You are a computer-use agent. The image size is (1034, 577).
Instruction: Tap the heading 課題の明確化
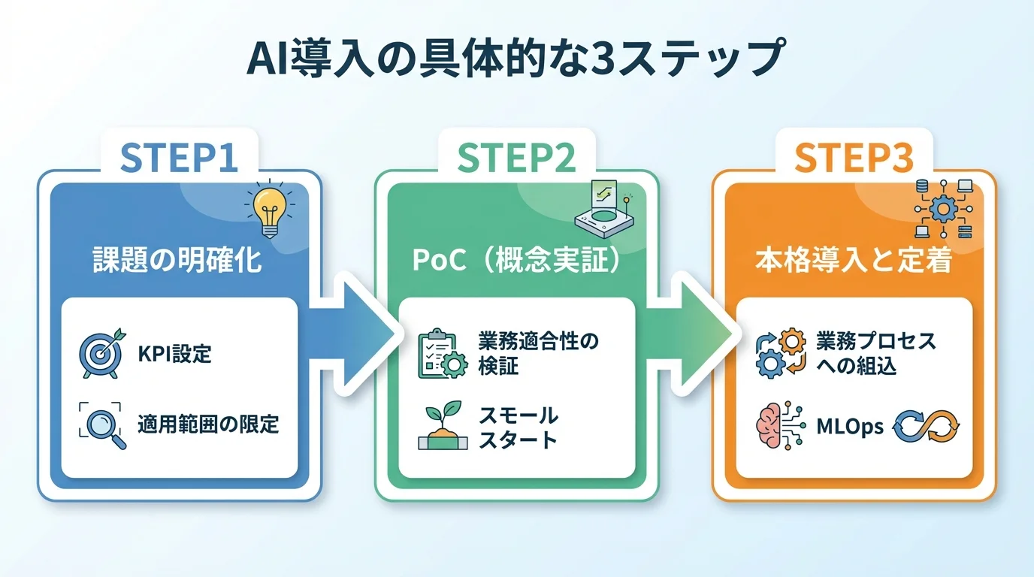(177, 261)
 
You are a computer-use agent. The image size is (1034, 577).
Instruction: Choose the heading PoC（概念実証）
(517, 261)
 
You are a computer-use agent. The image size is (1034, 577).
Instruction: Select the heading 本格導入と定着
(854, 261)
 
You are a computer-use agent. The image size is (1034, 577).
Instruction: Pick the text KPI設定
(174, 353)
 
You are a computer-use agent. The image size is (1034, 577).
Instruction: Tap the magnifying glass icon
(102, 424)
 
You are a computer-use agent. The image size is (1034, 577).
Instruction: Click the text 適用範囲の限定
(207, 424)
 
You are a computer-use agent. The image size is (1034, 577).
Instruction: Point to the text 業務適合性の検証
(538, 353)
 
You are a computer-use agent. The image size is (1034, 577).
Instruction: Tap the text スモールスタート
(519, 426)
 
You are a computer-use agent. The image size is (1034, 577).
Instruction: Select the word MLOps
(850, 427)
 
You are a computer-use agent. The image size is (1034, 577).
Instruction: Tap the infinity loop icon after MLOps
(926, 426)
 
